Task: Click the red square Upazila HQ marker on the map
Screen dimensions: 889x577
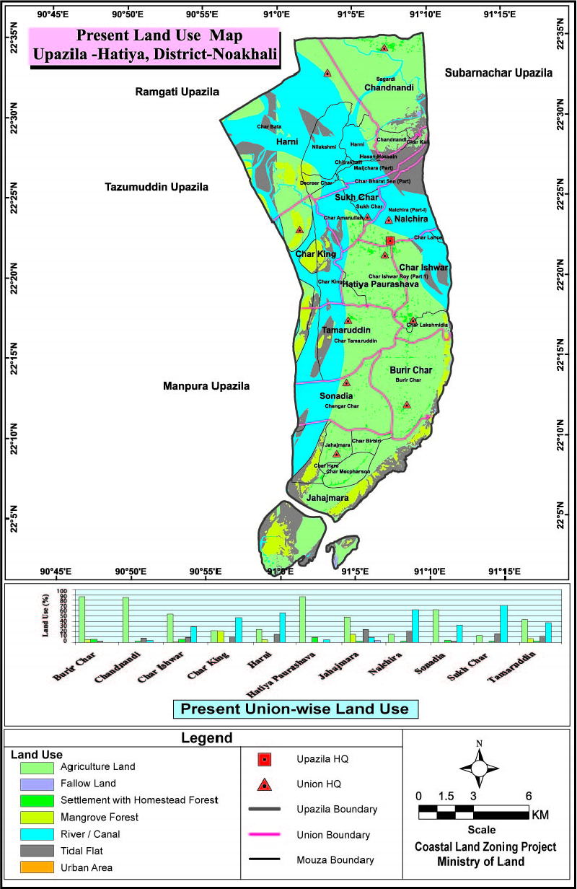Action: [x=390, y=240]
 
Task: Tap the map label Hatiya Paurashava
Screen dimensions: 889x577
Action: [x=380, y=284]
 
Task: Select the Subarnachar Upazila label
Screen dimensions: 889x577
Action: [x=498, y=73]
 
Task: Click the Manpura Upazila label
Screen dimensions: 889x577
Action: [x=206, y=386]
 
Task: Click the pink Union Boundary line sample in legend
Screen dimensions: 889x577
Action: [x=265, y=835]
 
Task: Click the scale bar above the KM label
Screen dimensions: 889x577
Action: [x=474, y=813]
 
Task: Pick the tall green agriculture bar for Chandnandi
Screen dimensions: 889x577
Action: [x=125, y=619]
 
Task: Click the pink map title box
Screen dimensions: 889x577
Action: [x=154, y=45]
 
